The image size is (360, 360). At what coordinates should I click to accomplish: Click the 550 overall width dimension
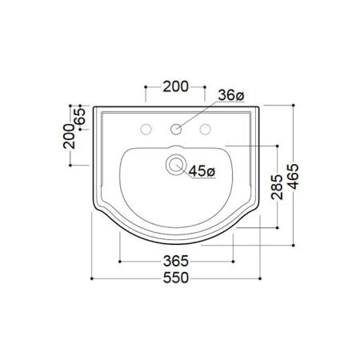[x=176, y=278]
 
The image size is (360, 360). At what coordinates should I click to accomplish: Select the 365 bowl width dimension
[x=176, y=261]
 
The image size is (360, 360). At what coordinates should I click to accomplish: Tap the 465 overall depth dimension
[x=294, y=177]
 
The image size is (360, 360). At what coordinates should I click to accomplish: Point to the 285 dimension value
[x=277, y=187]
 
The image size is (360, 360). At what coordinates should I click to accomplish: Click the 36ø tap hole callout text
[x=231, y=95]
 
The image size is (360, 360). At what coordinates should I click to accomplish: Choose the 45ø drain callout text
[x=202, y=171]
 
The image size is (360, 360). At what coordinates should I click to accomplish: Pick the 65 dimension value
[x=80, y=116]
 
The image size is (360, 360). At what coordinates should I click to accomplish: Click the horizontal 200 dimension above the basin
[x=175, y=86]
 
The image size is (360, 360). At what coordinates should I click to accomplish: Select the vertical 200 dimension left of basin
[x=70, y=136]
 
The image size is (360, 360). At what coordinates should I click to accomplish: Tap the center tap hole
[x=176, y=129]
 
